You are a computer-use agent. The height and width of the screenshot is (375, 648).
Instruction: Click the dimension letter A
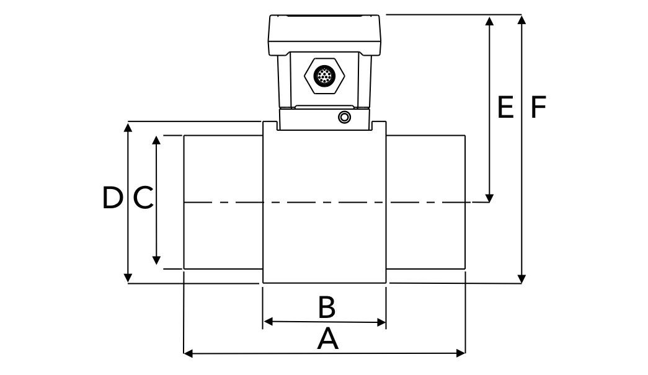pos(328,339)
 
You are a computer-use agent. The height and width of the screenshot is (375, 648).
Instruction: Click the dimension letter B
pos(327,306)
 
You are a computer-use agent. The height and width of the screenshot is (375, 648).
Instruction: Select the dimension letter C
pos(143,198)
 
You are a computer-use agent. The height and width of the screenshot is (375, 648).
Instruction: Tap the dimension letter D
pos(112,198)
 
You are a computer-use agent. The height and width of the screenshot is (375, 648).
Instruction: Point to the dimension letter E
pos(505,107)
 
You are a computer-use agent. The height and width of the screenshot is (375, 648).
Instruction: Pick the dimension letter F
pos(538,107)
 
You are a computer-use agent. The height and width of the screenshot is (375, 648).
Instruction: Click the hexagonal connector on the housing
pos(323,76)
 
